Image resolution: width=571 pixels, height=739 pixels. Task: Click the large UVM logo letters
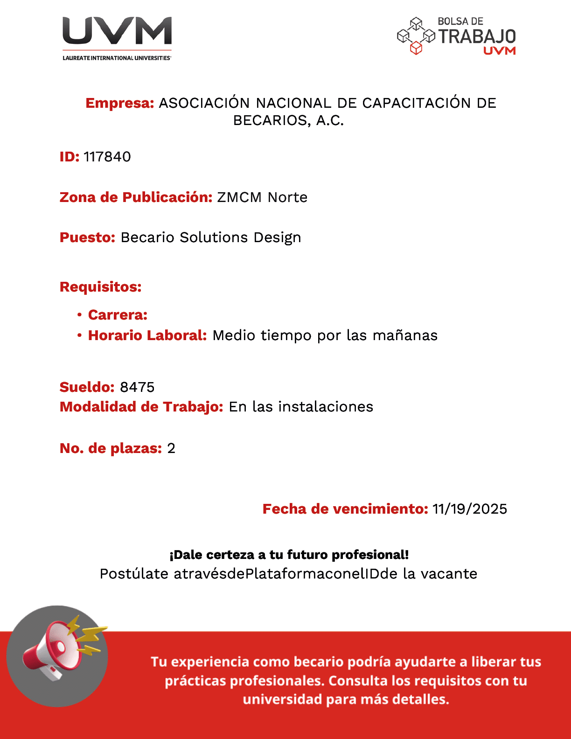click(117, 31)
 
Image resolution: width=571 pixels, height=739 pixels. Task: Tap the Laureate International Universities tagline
click(117, 58)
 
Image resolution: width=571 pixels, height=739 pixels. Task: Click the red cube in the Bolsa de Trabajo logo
click(416, 48)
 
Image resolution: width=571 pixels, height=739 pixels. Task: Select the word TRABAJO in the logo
click(477, 36)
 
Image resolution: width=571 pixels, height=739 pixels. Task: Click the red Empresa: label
click(120, 103)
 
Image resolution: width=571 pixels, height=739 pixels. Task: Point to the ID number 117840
click(107, 157)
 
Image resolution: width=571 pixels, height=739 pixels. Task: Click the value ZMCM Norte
click(262, 197)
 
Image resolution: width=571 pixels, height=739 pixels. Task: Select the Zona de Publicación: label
click(136, 197)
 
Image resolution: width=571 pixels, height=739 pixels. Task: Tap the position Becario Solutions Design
click(211, 237)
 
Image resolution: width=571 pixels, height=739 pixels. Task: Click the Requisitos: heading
click(101, 287)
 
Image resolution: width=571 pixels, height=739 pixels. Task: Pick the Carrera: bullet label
click(118, 315)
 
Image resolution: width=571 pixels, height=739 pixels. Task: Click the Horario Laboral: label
click(147, 335)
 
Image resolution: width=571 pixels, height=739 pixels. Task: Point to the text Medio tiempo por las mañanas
click(325, 335)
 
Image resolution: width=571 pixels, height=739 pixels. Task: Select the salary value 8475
click(137, 387)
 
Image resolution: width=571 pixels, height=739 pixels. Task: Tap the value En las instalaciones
click(301, 407)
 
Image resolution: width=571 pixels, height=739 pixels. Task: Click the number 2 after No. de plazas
click(171, 448)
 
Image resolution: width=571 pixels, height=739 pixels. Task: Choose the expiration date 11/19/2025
click(469, 509)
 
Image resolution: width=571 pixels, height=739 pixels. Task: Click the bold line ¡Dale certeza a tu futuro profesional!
click(289, 555)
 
